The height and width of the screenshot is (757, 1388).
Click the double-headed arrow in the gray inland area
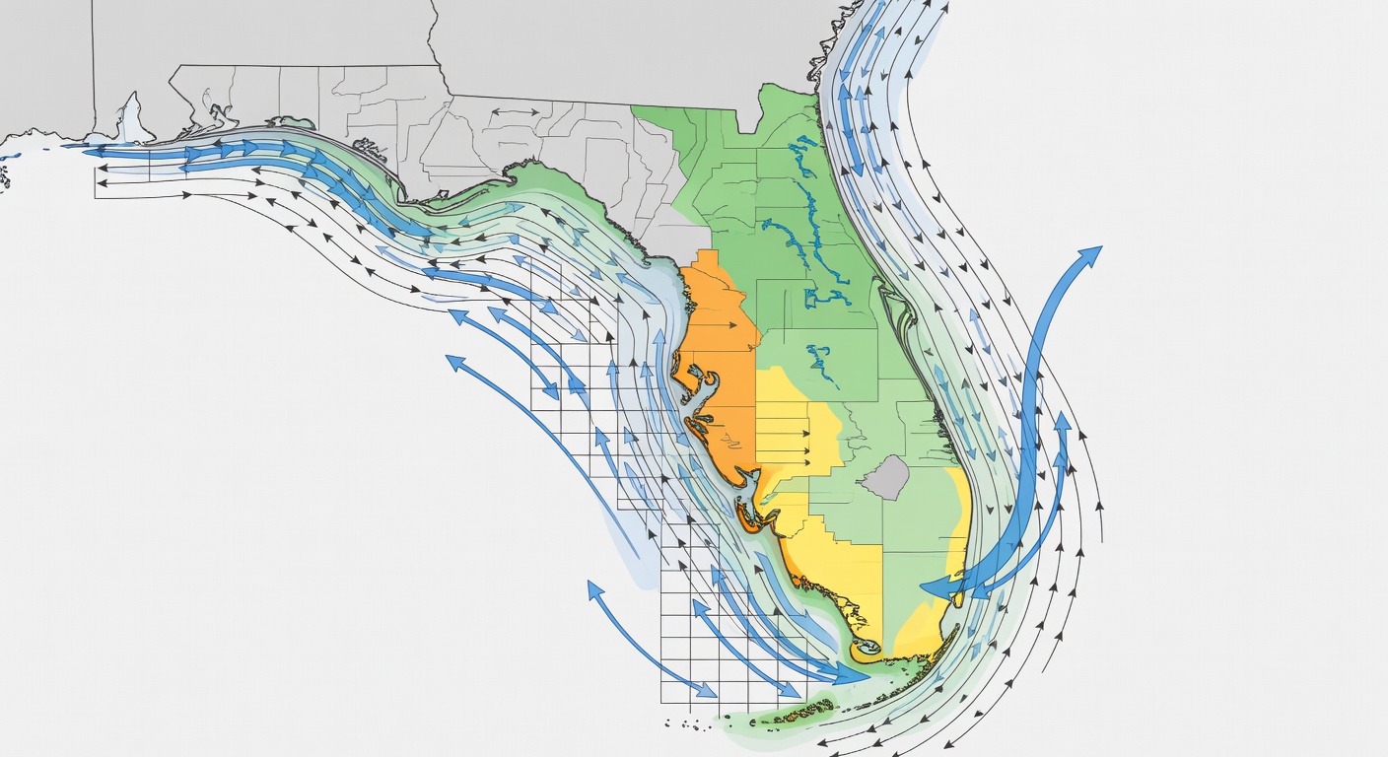tap(509, 113)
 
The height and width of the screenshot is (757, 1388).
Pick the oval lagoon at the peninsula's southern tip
tap(867, 648)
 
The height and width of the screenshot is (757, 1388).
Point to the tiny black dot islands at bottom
tap(690, 726)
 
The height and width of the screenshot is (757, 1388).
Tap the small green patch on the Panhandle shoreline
tap(291, 123)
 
